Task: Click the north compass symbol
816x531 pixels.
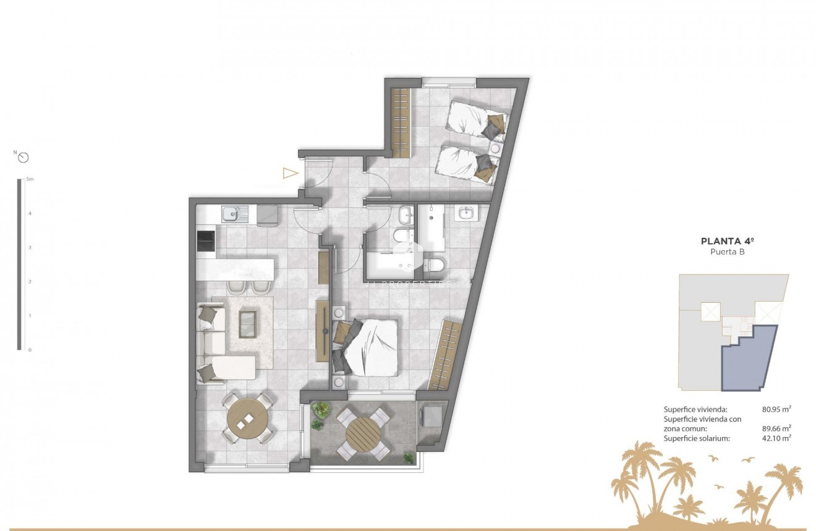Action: point(23,157)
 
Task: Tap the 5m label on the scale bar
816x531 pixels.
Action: point(30,179)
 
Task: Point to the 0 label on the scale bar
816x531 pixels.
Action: point(29,350)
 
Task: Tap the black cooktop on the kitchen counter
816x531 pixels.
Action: point(206,241)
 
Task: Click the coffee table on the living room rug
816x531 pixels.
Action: point(247,323)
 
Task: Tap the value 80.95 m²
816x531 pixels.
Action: point(776,409)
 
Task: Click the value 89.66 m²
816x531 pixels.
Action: point(776,428)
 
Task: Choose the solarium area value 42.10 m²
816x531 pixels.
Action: point(776,438)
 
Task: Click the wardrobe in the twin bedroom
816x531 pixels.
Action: point(401,122)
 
